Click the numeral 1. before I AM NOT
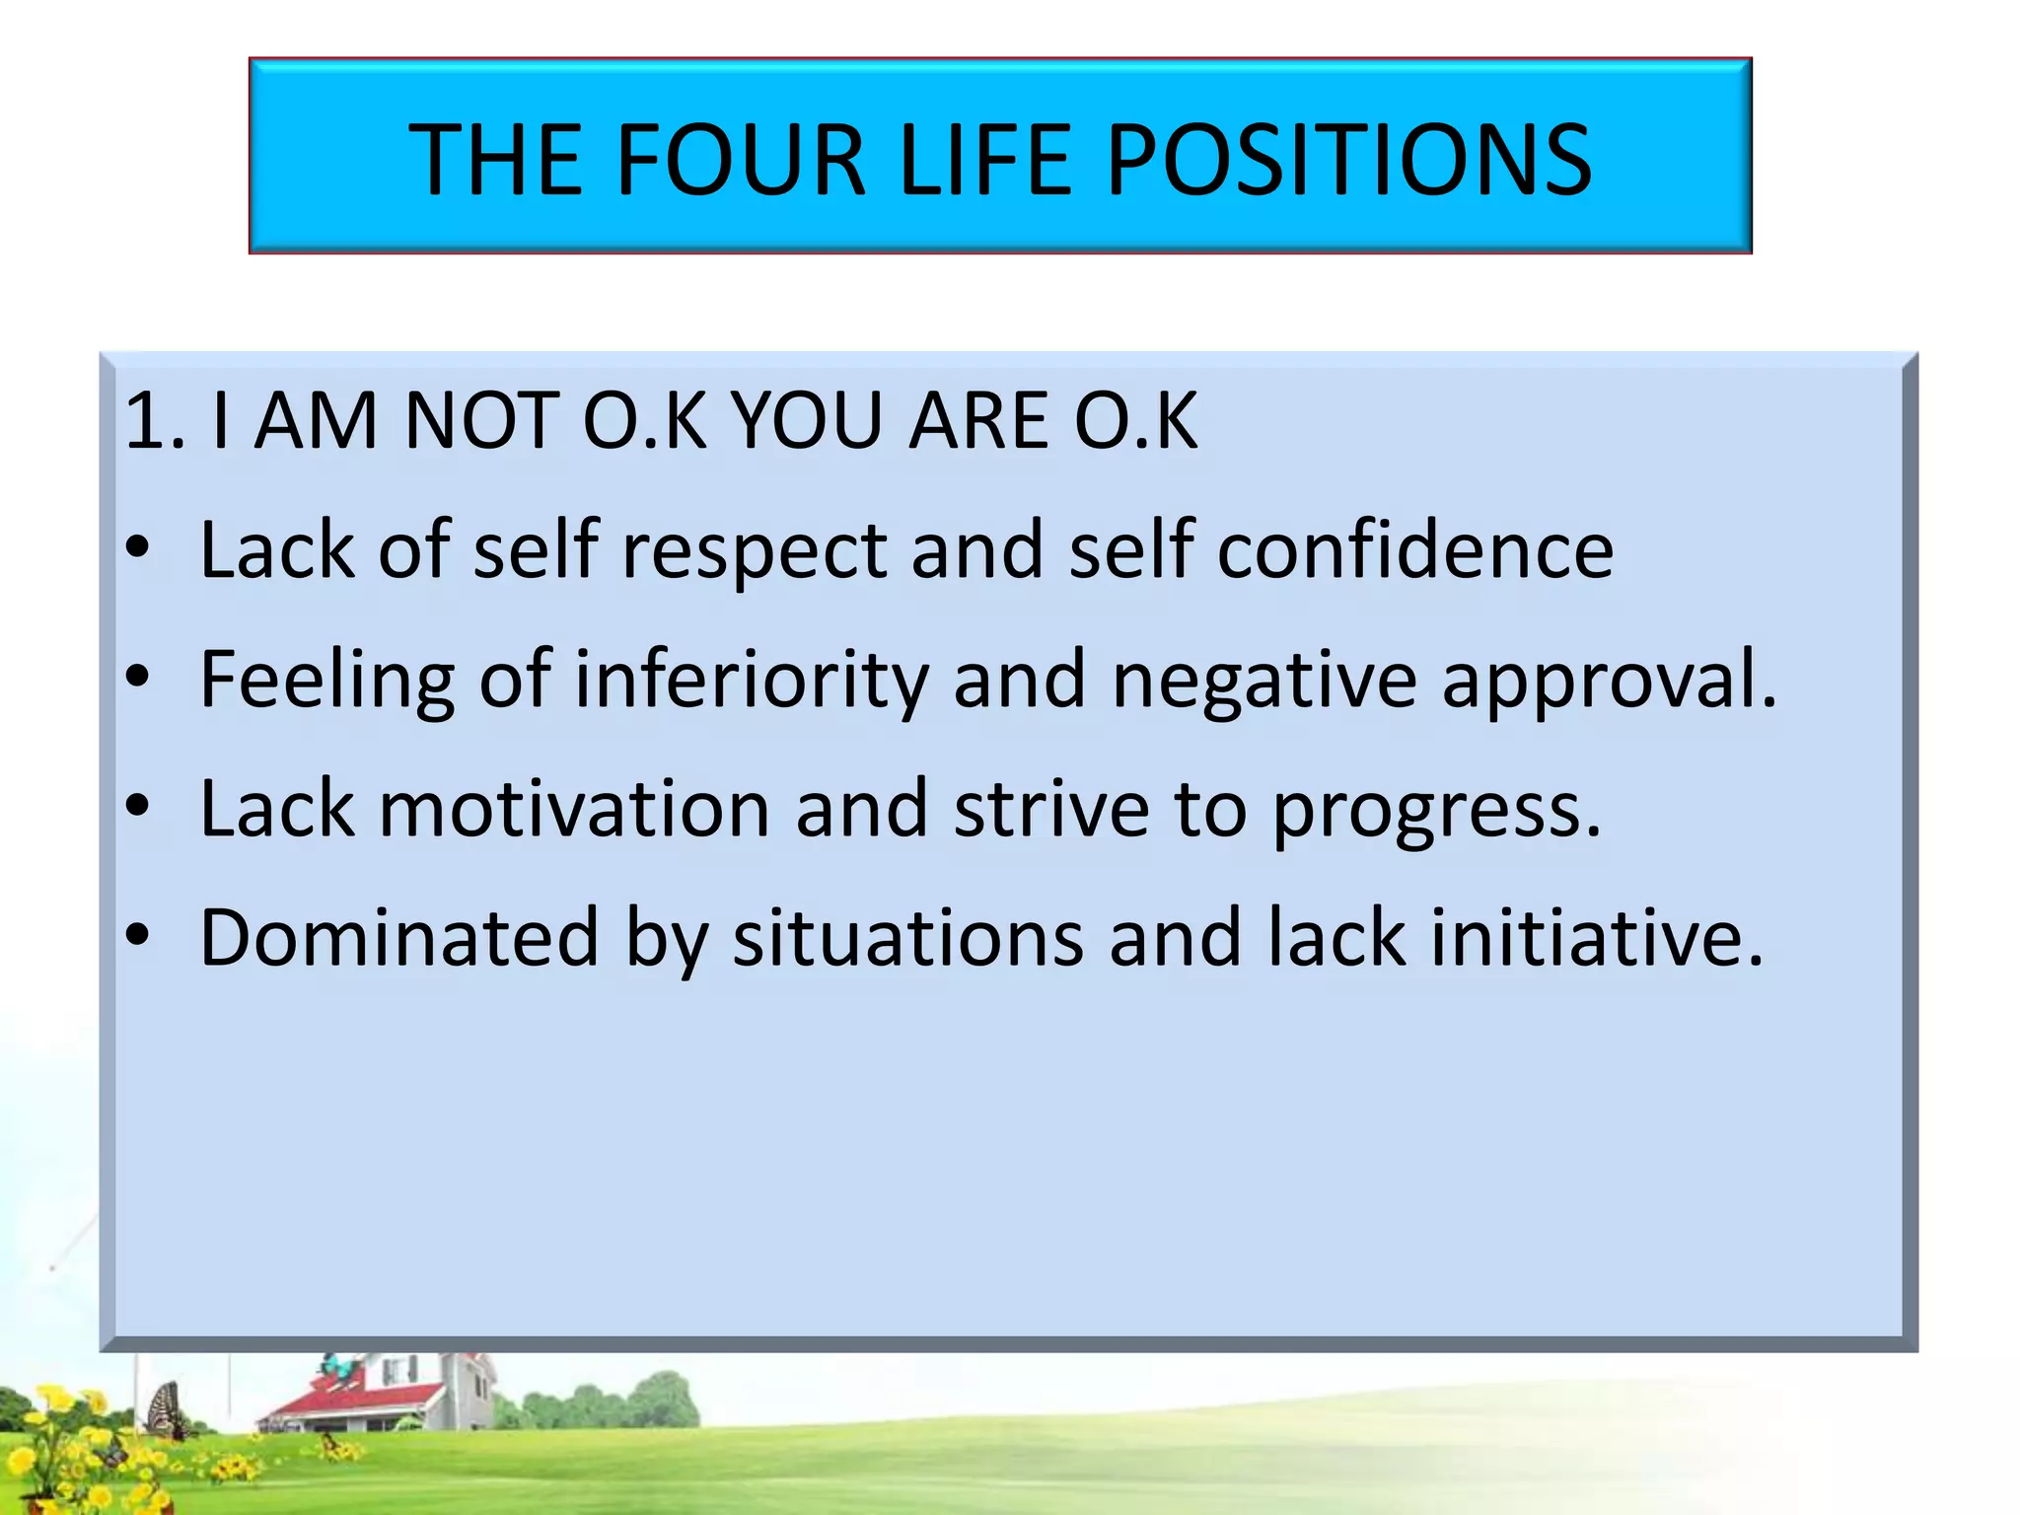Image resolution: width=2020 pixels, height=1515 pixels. pos(155,421)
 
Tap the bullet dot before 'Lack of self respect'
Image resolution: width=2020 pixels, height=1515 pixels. pos(138,547)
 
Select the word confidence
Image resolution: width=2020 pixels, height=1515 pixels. pos(1415,549)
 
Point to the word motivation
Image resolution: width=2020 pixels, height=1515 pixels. pos(574,809)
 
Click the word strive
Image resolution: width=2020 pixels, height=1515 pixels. pos(1051,809)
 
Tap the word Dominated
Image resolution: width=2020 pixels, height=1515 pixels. pos(399,937)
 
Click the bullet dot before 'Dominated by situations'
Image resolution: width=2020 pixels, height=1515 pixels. pos(138,934)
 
